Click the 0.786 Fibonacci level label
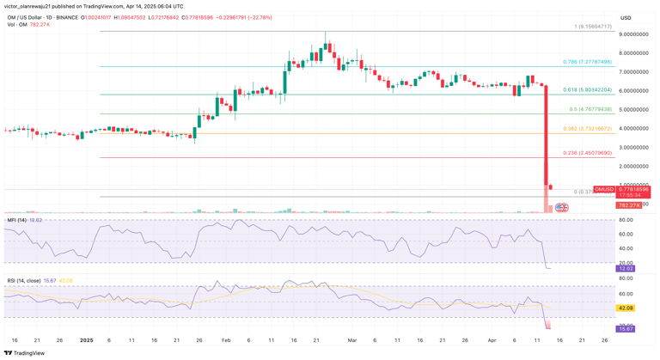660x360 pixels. point(588,62)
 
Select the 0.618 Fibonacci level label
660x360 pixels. point(588,89)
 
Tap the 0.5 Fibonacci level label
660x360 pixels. point(590,109)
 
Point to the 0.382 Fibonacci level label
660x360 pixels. point(588,129)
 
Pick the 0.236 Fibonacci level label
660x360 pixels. point(588,153)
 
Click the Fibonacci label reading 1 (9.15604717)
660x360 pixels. point(593,27)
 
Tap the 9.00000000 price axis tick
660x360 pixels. point(632,34)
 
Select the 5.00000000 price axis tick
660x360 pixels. point(632,110)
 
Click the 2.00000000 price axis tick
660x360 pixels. point(632,167)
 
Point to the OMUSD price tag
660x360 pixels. point(605,189)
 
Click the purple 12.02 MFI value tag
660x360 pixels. point(626,269)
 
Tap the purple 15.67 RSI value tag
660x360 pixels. point(626,329)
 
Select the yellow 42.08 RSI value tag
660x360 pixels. point(626,308)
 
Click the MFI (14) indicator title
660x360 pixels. point(17,220)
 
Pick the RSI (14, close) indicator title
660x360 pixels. point(24,280)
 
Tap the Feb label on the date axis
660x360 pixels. point(225,340)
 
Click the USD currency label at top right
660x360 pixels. point(626,17)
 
